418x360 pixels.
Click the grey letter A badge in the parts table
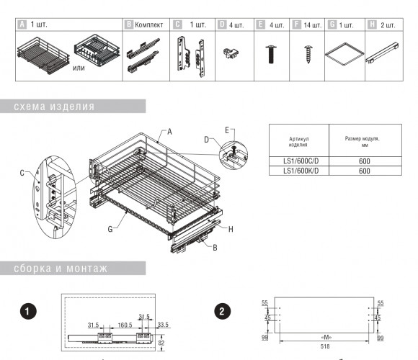pyautogui.click(x=22, y=24)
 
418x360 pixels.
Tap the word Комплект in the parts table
pyautogui.click(x=148, y=25)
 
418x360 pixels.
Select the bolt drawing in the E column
pyautogui.click(x=271, y=54)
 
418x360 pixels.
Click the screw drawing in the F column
pyautogui.click(x=308, y=54)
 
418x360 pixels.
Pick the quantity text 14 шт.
pyautogui.click(x=313, y=25)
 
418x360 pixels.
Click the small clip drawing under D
pyautogui.click(x=231, y=53)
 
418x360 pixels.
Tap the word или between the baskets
pyautogui.click(x=79, y=68)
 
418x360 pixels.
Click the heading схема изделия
pyautogui.click(x=54, y=107)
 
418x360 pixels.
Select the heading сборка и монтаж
pyautogui.click(x=61, y=269)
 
